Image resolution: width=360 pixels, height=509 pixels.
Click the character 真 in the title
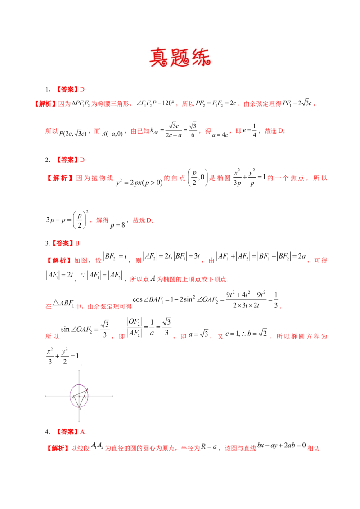[x=158, y=56]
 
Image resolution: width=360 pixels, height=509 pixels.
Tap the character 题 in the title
[x=180, y=56]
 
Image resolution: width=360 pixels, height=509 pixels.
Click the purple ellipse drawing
[x=79, y=396]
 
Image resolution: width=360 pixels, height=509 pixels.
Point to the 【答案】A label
[x=72, y=432]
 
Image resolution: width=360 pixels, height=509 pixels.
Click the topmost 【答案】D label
[x=72, y=89]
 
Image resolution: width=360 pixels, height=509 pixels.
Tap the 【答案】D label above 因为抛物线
[x=72, y=160]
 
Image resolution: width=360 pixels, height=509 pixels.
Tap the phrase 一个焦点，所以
[x=297, y=179]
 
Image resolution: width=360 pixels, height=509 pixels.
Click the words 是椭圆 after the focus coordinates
[x=220, y=179]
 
